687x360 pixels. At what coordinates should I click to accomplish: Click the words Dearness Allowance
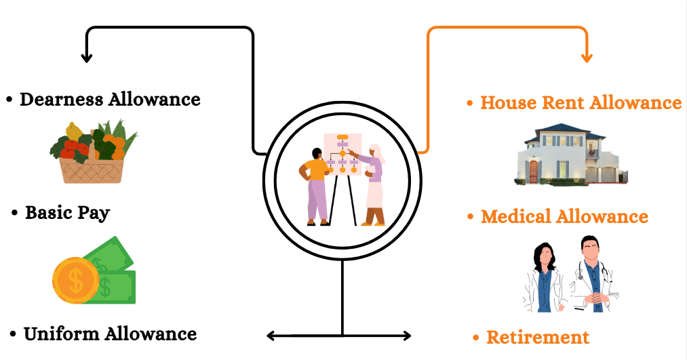click(x=110, y=100)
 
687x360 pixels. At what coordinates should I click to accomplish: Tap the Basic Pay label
click(x=67, y=213)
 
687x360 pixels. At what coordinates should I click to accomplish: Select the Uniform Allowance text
click(x=110, y=334)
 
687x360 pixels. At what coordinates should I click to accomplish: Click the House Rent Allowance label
click(x=581, y=103)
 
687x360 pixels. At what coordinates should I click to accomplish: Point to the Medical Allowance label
click(x=564, y=217)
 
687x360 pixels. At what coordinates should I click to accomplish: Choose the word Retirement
click(x=538, y=338)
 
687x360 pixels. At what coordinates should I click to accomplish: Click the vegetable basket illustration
click(x=92, y=152)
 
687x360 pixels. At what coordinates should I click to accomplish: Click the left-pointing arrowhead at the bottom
click(x=271, y=336)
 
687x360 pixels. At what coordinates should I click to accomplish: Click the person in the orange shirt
click(x=317, y=184)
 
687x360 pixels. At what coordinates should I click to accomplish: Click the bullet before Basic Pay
click(x=15, y=214)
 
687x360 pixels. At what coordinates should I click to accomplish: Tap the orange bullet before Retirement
click(x=476, y=338)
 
